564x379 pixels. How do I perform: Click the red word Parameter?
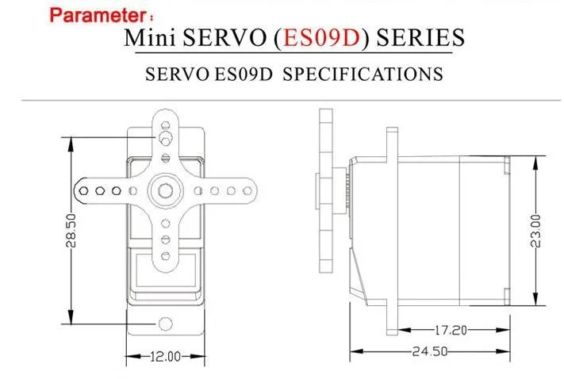pyautogui.click(x=97, y=16)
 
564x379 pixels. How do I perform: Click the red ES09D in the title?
pyautogui.click(x=322, y=38)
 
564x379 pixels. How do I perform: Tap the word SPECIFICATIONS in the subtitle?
pyautogui.click(x=363, y=74)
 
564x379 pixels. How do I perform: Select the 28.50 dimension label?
pyautogui.click(x=71, y=231)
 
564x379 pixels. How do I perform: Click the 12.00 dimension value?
pyautogui.click(x=165, y=357)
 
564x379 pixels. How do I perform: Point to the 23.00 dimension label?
pyautogui.click(x=535, y=231)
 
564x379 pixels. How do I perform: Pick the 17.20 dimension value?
pyautogui.click(x=451, y=330)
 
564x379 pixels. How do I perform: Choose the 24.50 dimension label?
pyautogui.click(x=430, y=351)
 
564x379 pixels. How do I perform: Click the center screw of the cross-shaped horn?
pyautogui.click(x=166, y=190)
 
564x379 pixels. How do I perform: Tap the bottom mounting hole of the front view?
pyautogui.click(x=166, y=323)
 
